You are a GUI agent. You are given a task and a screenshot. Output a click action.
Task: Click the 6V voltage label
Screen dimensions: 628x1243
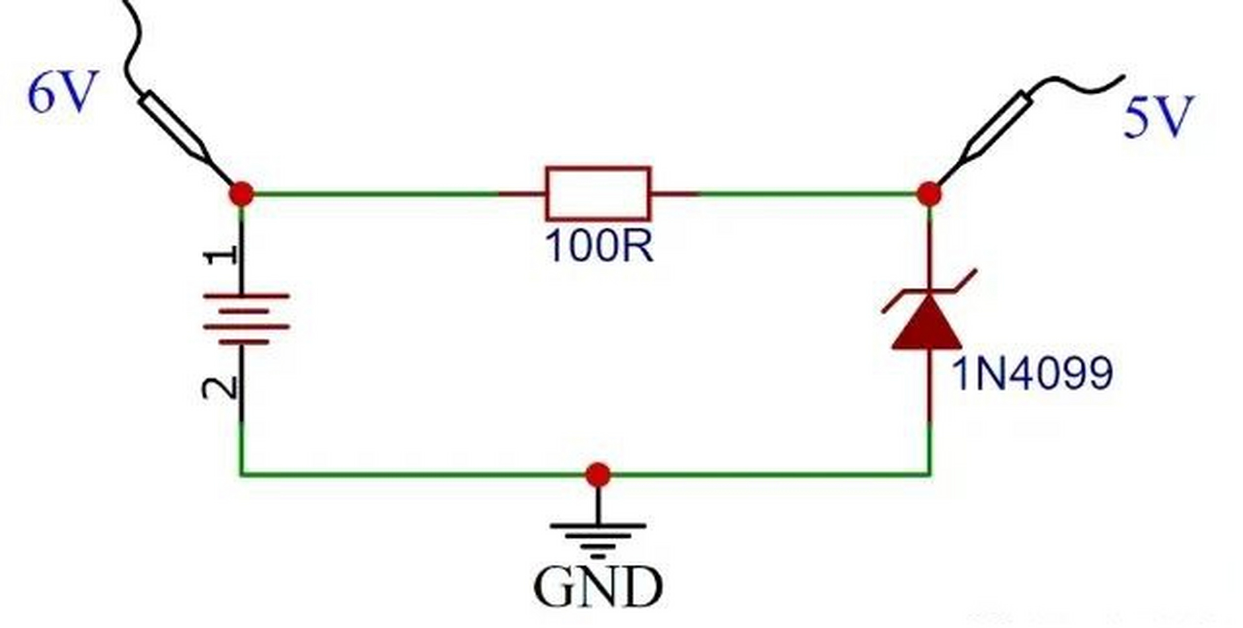(60, 93)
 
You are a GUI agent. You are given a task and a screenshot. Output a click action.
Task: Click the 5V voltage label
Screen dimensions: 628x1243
(1158, 118)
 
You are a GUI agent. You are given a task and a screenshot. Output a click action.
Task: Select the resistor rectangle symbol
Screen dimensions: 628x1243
(598, 193)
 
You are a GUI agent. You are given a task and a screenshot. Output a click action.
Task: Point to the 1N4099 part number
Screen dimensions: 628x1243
(1032, 374)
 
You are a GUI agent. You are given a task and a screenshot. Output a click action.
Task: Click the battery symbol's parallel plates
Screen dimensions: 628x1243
(246, 319)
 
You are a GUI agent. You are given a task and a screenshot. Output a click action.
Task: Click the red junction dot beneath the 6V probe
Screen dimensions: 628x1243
(241, 194)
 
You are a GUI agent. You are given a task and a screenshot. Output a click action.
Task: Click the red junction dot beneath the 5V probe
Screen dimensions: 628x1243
(929, 194)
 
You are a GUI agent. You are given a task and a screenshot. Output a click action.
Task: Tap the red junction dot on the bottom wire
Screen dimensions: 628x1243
(598, 474)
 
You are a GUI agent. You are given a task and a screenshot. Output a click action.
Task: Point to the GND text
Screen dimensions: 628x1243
(598, 587)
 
